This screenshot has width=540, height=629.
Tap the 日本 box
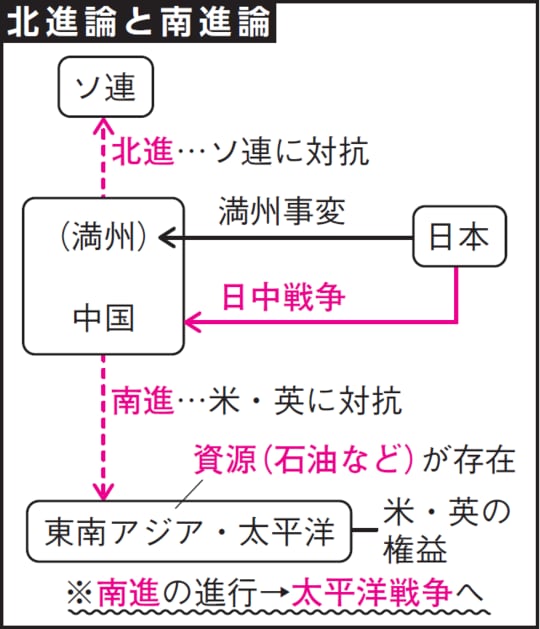(459, 237)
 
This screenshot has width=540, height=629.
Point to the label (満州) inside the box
(104, 237)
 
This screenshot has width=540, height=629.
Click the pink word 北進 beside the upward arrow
(142, 152)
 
